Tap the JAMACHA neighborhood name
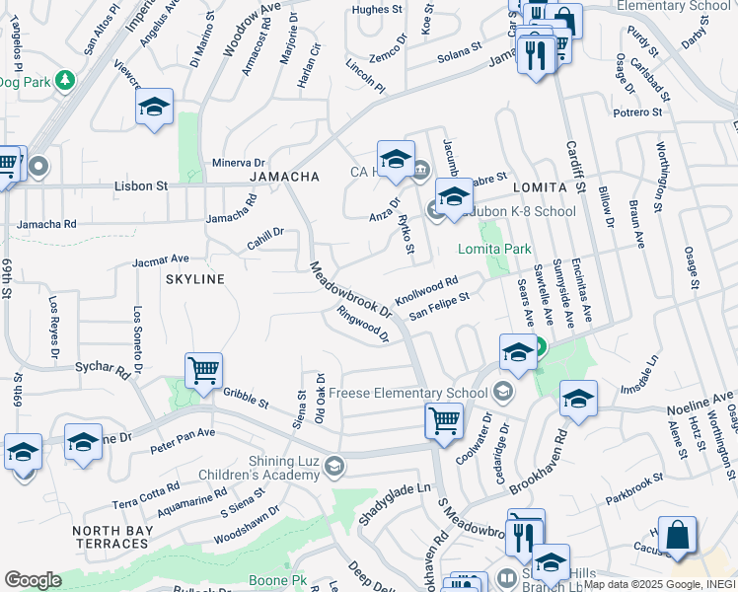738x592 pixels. click(284, 177)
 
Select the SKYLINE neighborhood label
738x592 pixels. click(194, 279)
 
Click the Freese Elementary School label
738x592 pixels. click(407, 393)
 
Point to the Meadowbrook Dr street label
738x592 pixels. click(351, 289)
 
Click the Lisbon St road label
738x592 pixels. click(141, 185)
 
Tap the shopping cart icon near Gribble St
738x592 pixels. click(203, 372)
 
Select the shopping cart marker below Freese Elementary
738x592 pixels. click(444, 421)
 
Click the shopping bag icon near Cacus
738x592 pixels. click(679, 537)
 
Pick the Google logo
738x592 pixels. click(33, 580)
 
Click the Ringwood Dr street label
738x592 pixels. click(362, 324)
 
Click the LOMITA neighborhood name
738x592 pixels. click(539, 186)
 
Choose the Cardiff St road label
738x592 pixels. click(575, 167)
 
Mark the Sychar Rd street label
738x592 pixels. click(103, 370)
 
